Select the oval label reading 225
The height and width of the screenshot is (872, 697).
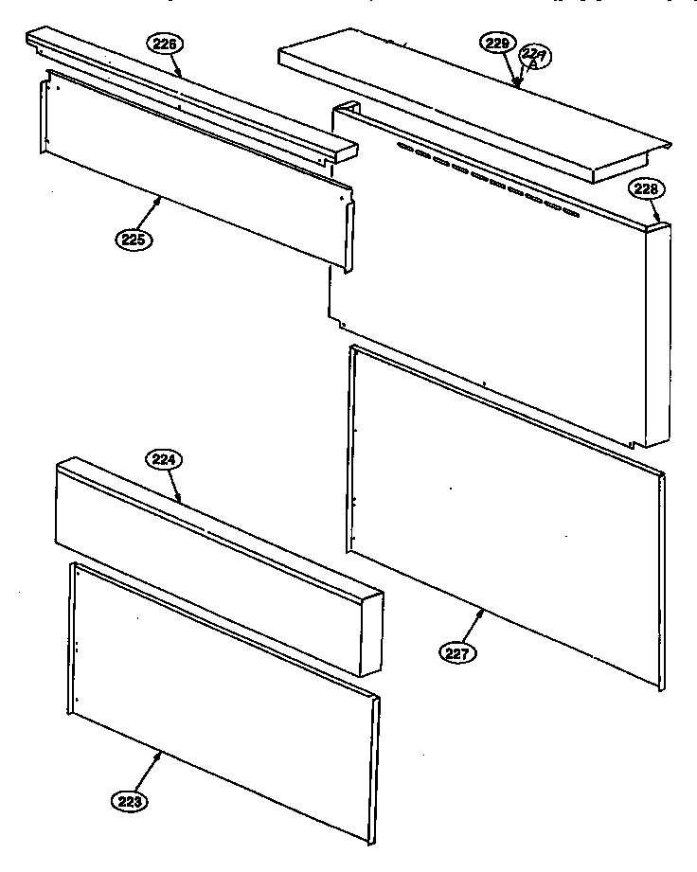[x=134, y=240]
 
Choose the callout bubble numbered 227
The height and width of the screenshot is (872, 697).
[x=459, y=651]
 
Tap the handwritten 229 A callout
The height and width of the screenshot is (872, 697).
[x=536, y=60]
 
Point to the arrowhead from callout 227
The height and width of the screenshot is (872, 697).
[x=486, y=611]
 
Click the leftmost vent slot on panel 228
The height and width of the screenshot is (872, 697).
[x=405, y=148]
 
